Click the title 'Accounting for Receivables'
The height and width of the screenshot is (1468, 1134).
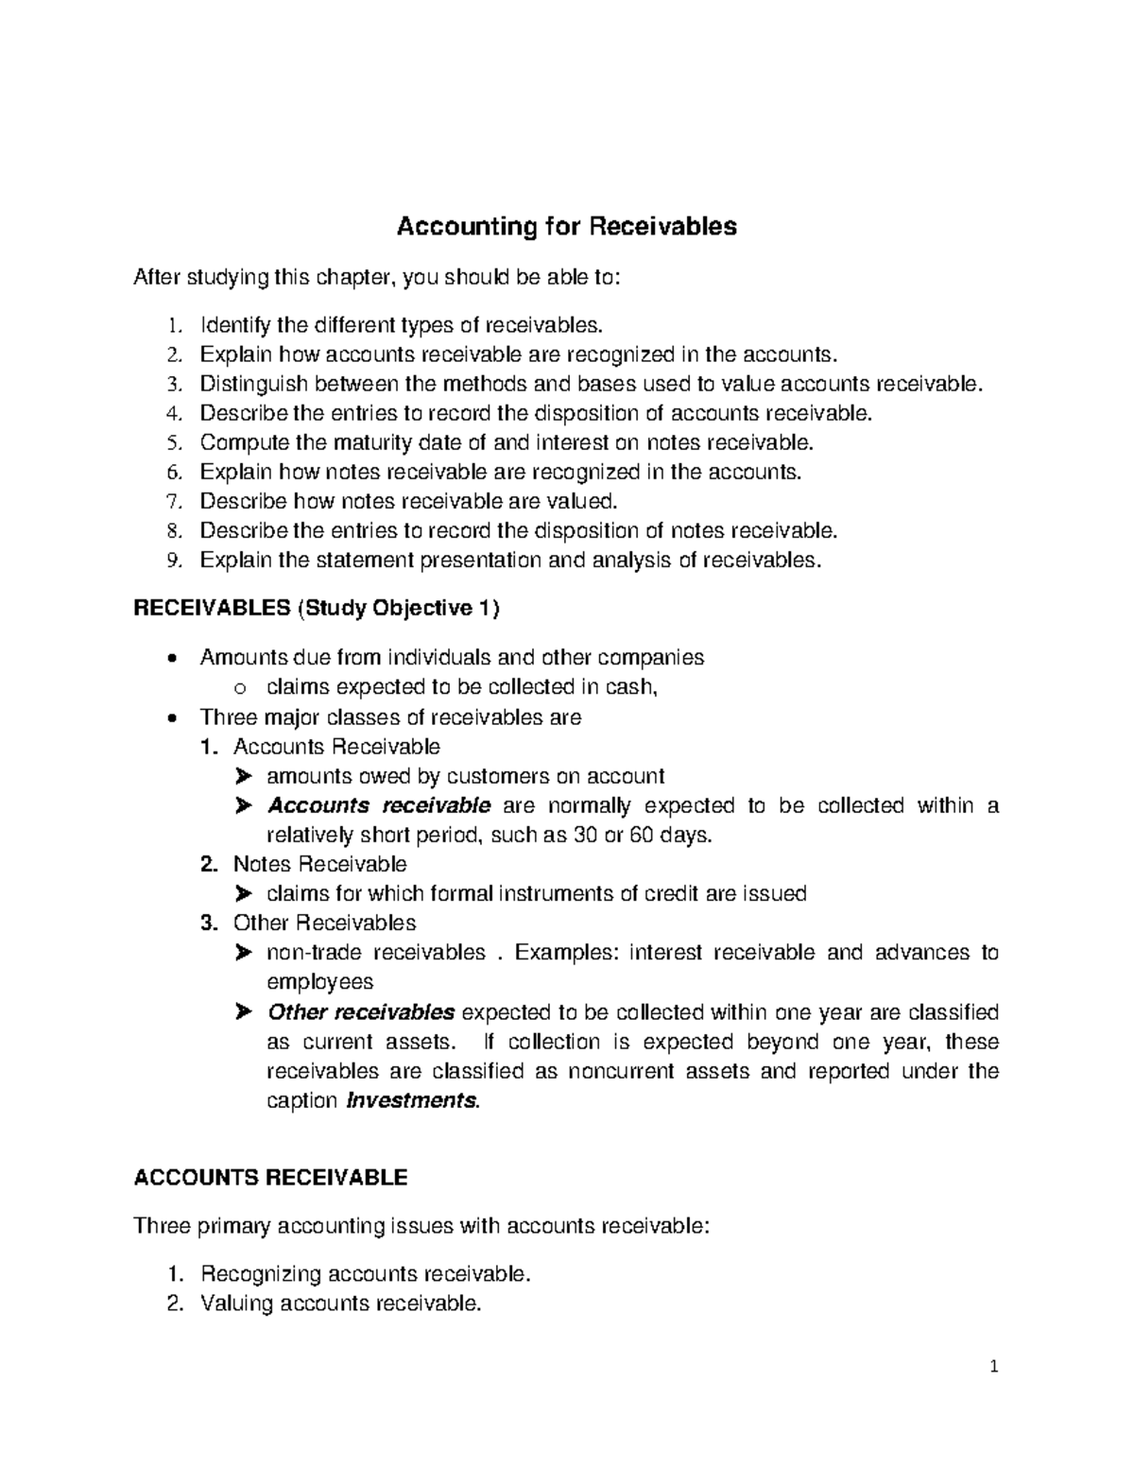click(x=566, y=227)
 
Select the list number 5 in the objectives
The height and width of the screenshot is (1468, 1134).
click(x=171, y=442)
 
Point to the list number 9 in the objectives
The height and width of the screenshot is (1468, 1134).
click(x=171, y=561)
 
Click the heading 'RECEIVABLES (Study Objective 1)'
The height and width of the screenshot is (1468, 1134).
click(x=317, y=609)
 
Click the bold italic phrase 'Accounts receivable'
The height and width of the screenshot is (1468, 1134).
click(x=379, y=805)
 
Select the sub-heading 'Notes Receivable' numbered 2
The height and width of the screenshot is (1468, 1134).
click(x=319, y=864)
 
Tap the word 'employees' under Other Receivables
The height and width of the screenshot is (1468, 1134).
click(x=320, y=982)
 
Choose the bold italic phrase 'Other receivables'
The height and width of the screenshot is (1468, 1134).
click(x=361, y=1012)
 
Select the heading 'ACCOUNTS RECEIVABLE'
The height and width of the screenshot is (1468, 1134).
click(x=271, y=1177)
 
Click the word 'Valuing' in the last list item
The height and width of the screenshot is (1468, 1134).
click(x=237, y=1304)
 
